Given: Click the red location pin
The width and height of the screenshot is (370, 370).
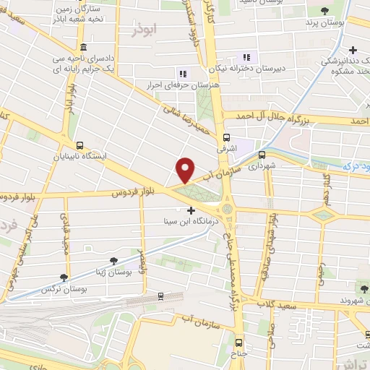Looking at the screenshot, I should (x=184, y=170).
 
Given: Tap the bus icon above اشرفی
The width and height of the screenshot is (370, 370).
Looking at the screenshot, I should (x=227, y=137).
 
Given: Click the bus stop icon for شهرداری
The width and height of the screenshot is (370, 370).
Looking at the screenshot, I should (x=261, y=154).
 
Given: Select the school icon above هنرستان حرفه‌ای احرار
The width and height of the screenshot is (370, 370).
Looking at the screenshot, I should (x=182, y=74).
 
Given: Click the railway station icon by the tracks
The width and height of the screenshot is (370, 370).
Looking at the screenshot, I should (x=161, y=296).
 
